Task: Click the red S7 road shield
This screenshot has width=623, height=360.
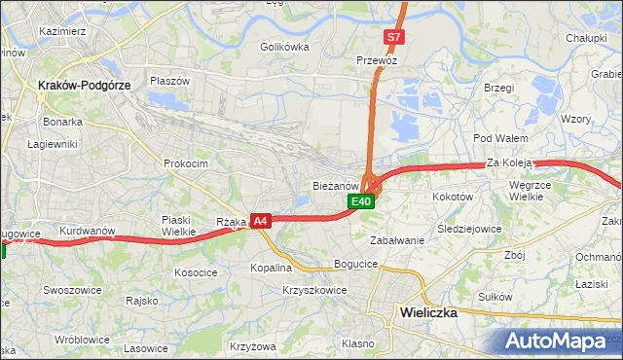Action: (x=393, y=37)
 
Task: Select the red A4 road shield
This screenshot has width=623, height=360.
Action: (x=260, y=222)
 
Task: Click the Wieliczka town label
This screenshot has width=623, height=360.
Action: (x=429, y=313)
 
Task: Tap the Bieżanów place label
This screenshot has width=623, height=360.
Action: (x=337, y=185)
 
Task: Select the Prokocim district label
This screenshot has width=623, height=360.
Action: (x=186, y=163)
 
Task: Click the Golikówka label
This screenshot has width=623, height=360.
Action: (x=284, y=47)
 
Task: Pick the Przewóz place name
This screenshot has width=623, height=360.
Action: (x=378, y=59)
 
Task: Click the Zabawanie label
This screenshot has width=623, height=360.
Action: (x=397, y=240)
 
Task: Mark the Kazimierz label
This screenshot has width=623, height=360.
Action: (x=63, y=31)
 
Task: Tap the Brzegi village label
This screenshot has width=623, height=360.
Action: (x=497, y=88)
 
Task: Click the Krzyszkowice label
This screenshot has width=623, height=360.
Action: (x=314, y=290)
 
